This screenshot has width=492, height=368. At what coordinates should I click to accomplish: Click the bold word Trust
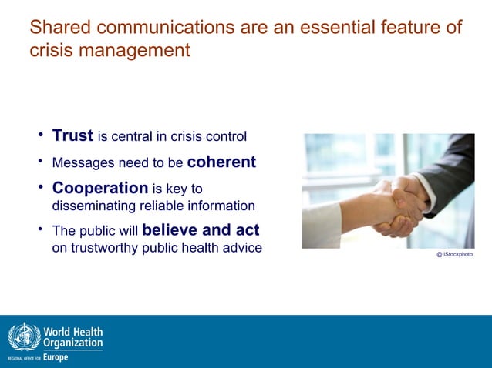tap(72, 136)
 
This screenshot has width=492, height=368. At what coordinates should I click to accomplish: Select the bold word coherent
tap(221, 162)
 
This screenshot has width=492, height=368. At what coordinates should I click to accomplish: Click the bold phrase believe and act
tap(201, 230)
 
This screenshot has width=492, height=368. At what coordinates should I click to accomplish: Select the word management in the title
tap(137, 51)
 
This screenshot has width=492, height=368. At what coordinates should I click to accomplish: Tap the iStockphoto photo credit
tap(454, 254)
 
